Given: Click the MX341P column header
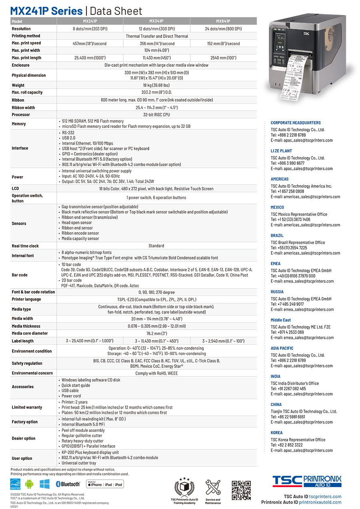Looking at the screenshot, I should (156, 21).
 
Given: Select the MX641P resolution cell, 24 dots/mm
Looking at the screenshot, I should (223, 29).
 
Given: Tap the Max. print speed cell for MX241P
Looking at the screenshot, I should (90, 44).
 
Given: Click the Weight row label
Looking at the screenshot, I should (18, 85).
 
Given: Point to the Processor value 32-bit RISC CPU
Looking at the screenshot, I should (156, 115).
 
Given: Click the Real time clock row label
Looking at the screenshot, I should (25, 246).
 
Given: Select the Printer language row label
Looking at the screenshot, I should (26, 299).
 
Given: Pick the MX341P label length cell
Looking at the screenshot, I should (156, 341).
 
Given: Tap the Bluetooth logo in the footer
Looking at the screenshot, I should (68, 484).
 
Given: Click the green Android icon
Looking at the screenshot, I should (29, 484).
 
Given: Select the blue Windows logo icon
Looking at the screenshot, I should (44, 484).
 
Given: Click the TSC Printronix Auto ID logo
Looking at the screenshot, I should (307, 481).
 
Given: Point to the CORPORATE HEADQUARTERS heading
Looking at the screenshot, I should (296, 123).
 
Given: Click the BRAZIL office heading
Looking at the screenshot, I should (277, 236).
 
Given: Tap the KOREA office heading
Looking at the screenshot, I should (276, 433).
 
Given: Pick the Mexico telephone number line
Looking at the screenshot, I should (290, 220).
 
